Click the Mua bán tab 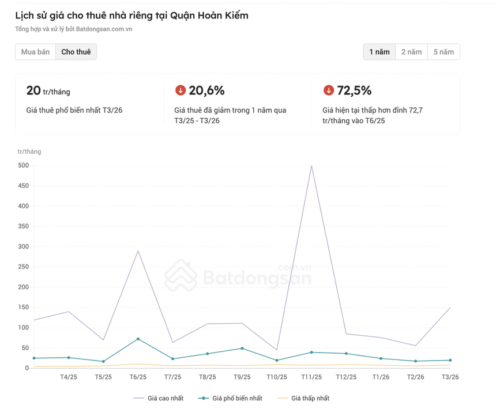tap(35, 52)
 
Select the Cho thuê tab tap(76, 52)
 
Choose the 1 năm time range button tap(379, 52)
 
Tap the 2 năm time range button tap(412, 52)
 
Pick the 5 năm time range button tap(444, 52)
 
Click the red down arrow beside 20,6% tap(181, 90)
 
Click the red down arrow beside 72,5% tap(329, 90)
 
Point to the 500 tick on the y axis tap(23, 166)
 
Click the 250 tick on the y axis tap(23, 267)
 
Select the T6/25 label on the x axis tap(138, 377)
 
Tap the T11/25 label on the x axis tap(311, 377)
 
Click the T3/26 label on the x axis tap(450, 377)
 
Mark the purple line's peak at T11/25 tap(311, 166)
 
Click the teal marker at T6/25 tap(138, 339)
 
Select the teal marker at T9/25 tap(242, 349)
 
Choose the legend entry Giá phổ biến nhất tap(231, 398)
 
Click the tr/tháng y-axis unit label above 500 tap(29, 152)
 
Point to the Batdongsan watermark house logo tap(181, 275)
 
